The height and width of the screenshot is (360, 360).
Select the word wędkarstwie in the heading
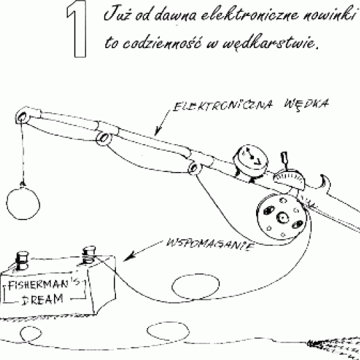pos(268,42)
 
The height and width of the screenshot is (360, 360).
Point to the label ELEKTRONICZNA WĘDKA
pos(251,105)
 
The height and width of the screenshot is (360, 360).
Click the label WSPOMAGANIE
pos(211,245)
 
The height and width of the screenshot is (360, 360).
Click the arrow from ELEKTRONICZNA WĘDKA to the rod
pos(163,123)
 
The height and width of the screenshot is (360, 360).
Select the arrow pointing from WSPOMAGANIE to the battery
pos(143,251)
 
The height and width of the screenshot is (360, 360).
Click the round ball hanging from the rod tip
pos(23,203)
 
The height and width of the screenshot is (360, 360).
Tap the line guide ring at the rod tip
pos(21,117)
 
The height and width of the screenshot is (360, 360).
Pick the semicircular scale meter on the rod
pos(289,178)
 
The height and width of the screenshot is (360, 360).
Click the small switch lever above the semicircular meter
pos(285,159)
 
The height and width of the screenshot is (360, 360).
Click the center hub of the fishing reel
pos(283,217)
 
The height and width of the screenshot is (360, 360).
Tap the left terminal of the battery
pos(22,261)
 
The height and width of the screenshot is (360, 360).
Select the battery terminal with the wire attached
pos(89,255)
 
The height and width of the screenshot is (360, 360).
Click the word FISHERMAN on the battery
pos(38,285)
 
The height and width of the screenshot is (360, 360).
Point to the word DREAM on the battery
pos(43,299)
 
